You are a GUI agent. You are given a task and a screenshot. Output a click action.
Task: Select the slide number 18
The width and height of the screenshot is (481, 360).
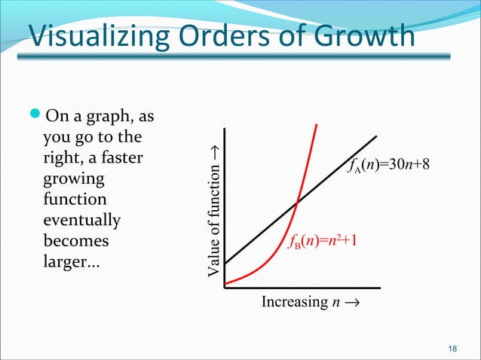(x=452, y=347)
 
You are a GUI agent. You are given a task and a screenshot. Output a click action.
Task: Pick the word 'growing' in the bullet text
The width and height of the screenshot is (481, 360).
(x=75, y=181)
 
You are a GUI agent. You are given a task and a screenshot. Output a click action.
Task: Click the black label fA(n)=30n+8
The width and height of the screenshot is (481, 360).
(x=388, y=165)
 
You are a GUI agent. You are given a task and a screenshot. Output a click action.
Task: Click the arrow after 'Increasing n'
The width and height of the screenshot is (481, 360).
(x=353, y=304)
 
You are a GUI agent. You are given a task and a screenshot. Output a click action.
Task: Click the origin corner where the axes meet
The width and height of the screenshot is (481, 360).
(x=225, y=287)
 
